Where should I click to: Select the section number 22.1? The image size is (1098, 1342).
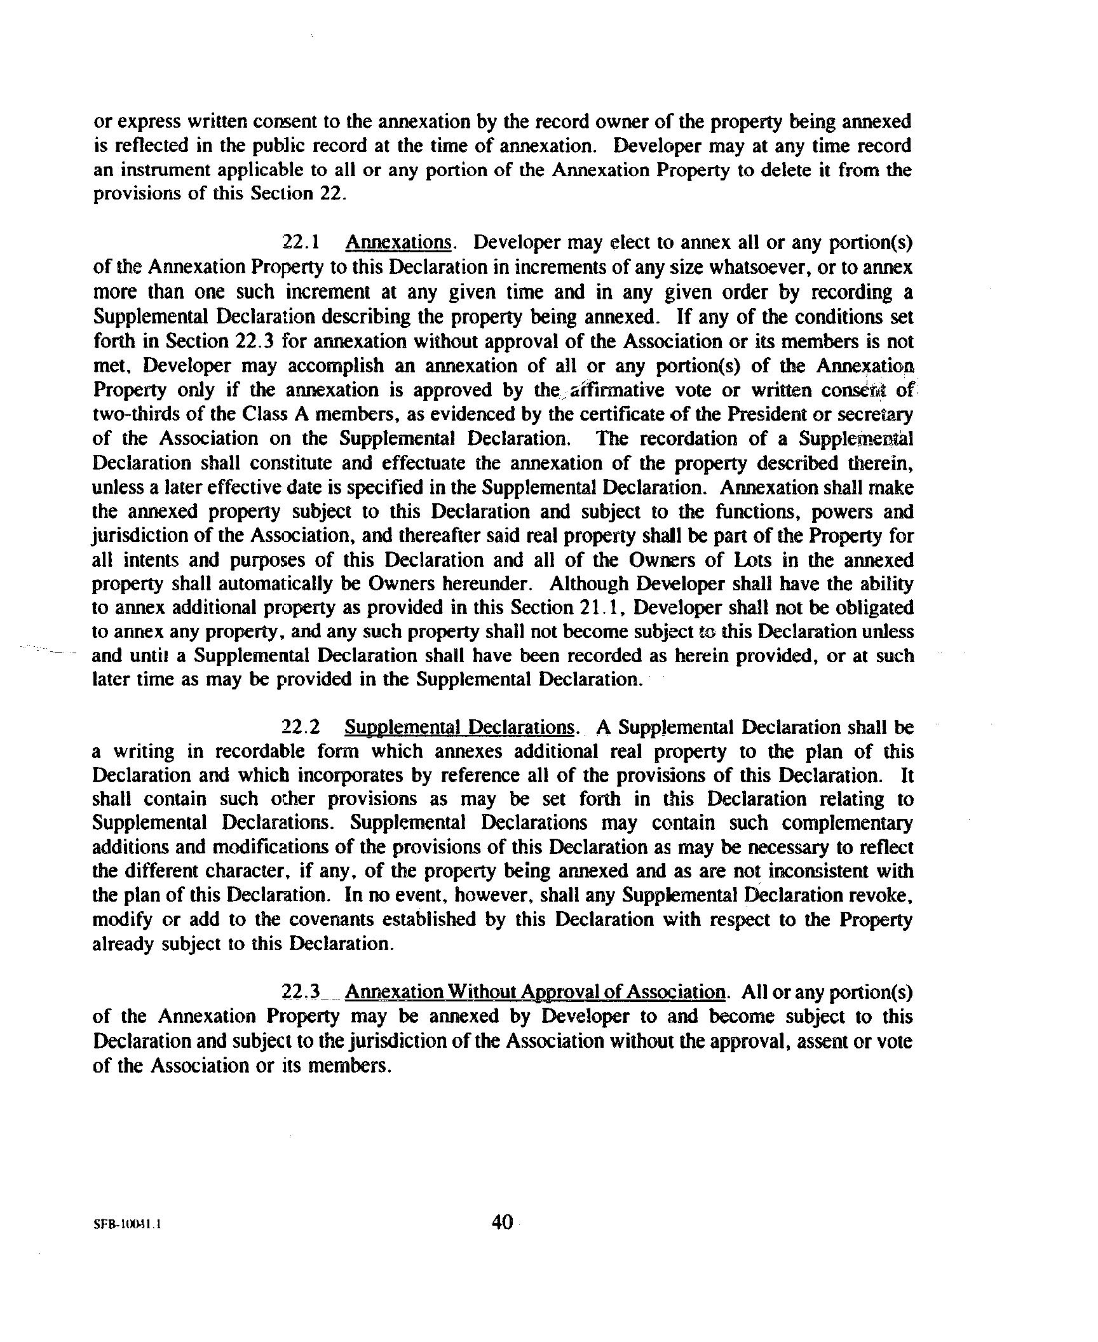(x=300, y=242)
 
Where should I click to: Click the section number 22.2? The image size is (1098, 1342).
(x=300, y=727)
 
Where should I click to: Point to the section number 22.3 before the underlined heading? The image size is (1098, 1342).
(x=300, y=992)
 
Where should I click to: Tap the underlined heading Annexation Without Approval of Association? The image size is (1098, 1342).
(x=536, y=992)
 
